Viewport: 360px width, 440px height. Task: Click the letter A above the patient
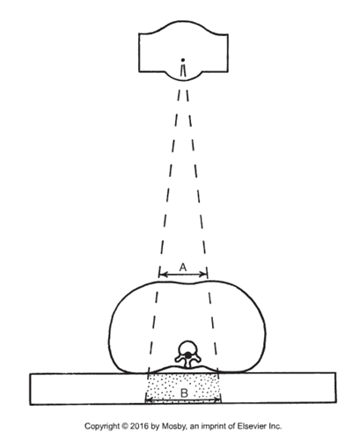[183, 268]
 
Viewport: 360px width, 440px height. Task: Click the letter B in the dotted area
[184, 392]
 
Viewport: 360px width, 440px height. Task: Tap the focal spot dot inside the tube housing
[183, 60]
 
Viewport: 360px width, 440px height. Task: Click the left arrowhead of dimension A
[163, 275]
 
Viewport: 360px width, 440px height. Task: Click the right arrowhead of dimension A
[204, 275]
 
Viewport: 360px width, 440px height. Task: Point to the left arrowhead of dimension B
[150, 400]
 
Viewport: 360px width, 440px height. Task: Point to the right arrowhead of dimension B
[217, 400]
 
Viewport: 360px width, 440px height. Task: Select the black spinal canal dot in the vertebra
[187, 356]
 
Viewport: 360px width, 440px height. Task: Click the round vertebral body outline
[187, 341]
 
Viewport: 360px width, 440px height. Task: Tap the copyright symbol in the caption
[125, 426]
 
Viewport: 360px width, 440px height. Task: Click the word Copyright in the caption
[102, 427]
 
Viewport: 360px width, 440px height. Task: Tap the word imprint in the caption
[213, 427]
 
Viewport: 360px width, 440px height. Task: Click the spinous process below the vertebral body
[187, 363]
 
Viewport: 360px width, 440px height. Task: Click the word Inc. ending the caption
[275, 426]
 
